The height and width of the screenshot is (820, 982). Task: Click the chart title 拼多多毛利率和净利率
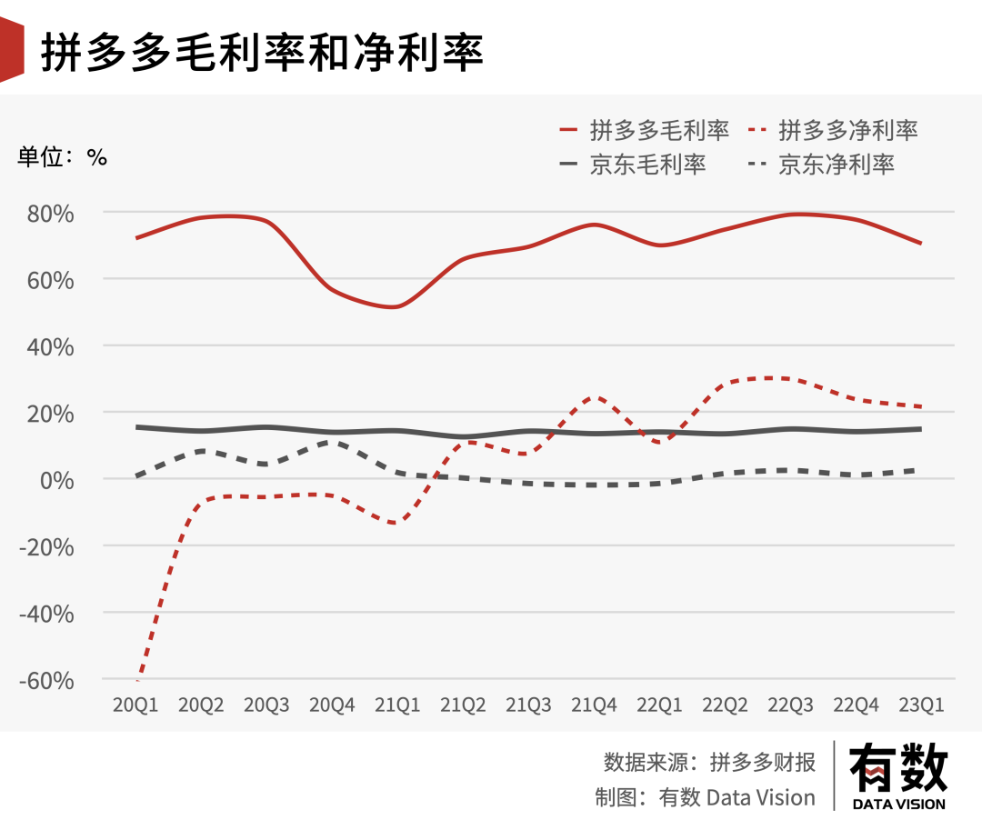262,54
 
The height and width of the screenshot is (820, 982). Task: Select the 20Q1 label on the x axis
135,705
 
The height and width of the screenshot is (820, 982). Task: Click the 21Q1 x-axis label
397,705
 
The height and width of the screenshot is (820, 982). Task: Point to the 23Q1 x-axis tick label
921,705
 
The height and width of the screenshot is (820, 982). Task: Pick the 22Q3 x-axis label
790,705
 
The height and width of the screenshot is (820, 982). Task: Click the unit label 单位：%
63,156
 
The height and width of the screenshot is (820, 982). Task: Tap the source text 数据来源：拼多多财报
709,762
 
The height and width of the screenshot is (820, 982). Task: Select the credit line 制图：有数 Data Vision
706,797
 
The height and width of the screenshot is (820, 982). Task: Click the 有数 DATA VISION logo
898,775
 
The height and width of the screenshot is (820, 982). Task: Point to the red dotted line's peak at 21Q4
595,396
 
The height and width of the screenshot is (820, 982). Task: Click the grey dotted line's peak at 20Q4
331,442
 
